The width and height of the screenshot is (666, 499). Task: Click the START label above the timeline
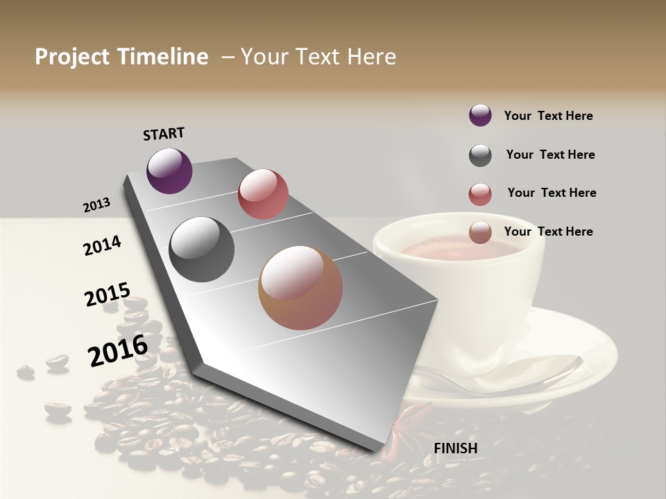point(164,134)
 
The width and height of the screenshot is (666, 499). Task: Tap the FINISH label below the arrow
point(456,448)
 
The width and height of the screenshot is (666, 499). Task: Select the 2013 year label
point(97,205)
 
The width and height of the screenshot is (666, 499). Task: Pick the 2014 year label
point(102,245)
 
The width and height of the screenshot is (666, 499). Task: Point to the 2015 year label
point(108,295)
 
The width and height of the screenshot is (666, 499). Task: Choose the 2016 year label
point(118,351)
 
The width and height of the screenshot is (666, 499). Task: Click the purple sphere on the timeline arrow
point(169,170)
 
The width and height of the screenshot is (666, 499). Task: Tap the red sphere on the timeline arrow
point(263,194)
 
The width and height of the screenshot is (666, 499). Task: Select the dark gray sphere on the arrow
point(201,249)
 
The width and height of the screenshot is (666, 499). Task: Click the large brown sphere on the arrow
point(300,288)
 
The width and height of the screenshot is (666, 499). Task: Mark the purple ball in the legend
point(480,115)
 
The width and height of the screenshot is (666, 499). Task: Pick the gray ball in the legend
point(480,155)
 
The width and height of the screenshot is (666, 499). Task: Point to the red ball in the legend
point(480,194)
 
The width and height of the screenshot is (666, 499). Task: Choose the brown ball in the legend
point(480,232)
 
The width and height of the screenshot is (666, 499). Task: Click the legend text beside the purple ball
point(548,116)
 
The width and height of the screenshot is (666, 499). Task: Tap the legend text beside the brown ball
point(548,231)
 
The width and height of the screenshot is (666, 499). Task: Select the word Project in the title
point(71,57)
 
